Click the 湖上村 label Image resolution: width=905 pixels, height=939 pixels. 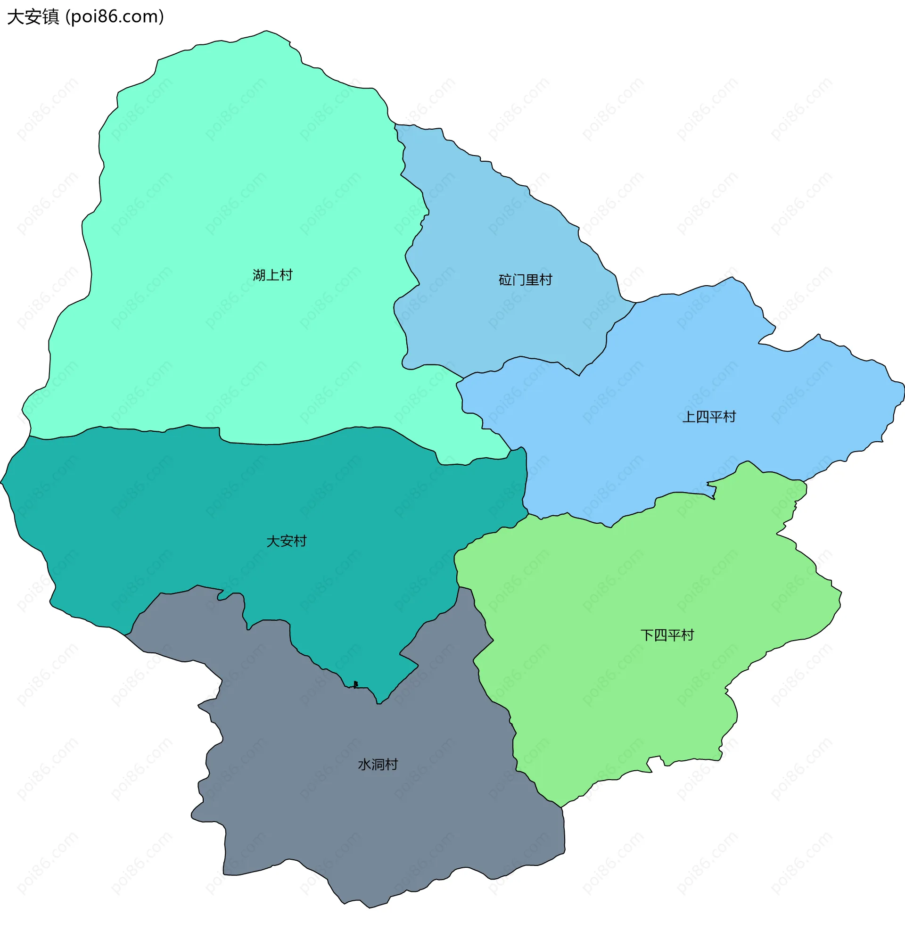pyautogui.click(x=272, y=275)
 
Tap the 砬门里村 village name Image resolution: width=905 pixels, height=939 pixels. pyautogui.click(x=525, y=280)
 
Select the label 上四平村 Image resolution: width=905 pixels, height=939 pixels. pyautogui.click(x=708, y=417)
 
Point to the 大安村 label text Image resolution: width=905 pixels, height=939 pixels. pyautogui.click(x=286, y=541)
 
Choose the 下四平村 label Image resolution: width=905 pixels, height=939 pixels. pyautogui.click(x=667, y=635)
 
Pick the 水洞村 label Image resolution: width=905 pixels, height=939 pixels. pyautogui.click(x=378, y=764)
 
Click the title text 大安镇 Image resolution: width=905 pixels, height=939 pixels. pyautogui.click(x=33, y=17)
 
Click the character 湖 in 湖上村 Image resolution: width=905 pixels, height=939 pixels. pyautogui.click(x=259, y=275)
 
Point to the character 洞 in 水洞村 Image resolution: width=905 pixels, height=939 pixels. pyautogui.click(x=378, y=764)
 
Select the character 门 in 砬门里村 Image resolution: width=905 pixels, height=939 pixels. pyautogui.click(x=518, y=280)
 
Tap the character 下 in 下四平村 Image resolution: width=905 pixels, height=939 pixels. pyautogui.click(x=647, y=635)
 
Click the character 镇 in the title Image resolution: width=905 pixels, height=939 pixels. pyautogui.click(x=50, y=17)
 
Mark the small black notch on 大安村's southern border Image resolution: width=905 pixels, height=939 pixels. pyautogui.click(x=355, y=684)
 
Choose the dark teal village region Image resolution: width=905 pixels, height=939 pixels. pyautogui.click(x=192, y=518)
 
